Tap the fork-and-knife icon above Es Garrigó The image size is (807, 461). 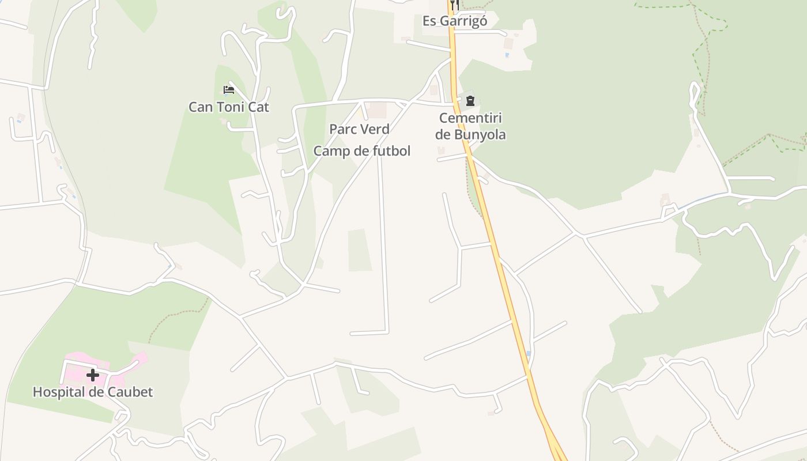click(454, 4)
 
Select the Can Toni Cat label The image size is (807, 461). click(229, 107)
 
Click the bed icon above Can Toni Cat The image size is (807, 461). click(228, 90)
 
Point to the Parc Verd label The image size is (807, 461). click(359, 129)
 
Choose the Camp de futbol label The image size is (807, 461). click(361, 151)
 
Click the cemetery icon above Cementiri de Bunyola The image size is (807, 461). click(470, 101)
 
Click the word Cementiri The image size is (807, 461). click(470, 118)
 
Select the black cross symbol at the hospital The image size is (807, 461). click(92, 375)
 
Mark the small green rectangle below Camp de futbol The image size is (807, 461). click(360, 250)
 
